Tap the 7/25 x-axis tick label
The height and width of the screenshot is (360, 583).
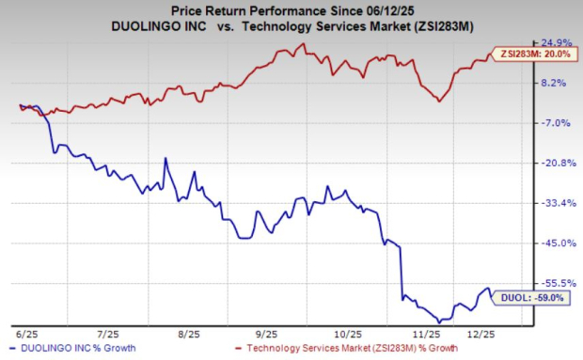coord(107,334)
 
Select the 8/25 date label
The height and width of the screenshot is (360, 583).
coord(188,334)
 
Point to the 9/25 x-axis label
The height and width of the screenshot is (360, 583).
coord(268,334)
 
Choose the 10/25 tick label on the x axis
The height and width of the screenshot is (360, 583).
coord(348,334)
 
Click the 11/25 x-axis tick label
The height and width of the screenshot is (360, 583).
coord(429,334)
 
